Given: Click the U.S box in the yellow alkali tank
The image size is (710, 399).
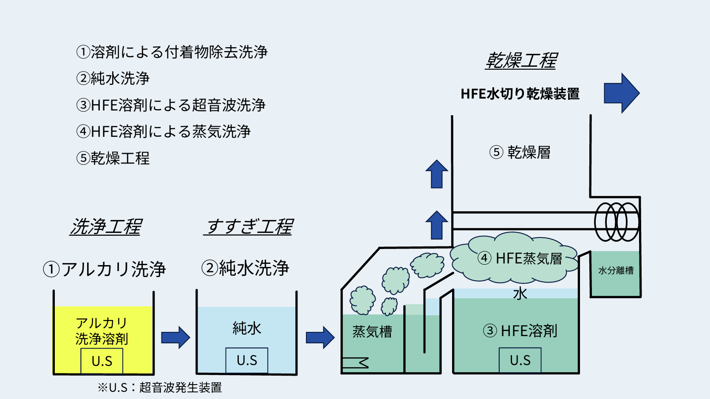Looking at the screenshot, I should point(102,361).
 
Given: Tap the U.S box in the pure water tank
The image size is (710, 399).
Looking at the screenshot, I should point(247,360).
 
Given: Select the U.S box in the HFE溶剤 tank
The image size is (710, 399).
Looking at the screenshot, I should point(520,360).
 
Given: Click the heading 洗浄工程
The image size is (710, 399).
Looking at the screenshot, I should point(106,226).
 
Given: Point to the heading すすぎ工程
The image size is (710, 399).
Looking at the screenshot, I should point(249,226).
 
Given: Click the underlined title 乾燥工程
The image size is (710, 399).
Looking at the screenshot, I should point(521,61).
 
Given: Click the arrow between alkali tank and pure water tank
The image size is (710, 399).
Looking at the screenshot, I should point(175,338).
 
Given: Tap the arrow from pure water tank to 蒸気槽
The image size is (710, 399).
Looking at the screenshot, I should point(320,338).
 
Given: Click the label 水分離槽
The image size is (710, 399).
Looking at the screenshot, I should point(616,271).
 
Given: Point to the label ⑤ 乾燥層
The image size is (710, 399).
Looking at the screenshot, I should point(520,152).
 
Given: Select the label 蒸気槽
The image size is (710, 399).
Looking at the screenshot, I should point(372,331).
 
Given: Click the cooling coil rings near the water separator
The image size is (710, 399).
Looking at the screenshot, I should point(617,222).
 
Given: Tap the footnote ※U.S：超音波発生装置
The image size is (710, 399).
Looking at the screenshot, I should point(160,388).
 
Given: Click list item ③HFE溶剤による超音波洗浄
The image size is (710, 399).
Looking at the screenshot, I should point(171,105).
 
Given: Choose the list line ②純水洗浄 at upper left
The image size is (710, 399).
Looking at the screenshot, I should point(113,78).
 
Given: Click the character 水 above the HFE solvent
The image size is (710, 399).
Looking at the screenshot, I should point(520,293).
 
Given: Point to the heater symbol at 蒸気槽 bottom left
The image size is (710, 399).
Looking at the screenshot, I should point(355,363).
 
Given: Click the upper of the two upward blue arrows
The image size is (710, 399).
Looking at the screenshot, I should point(437,174).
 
